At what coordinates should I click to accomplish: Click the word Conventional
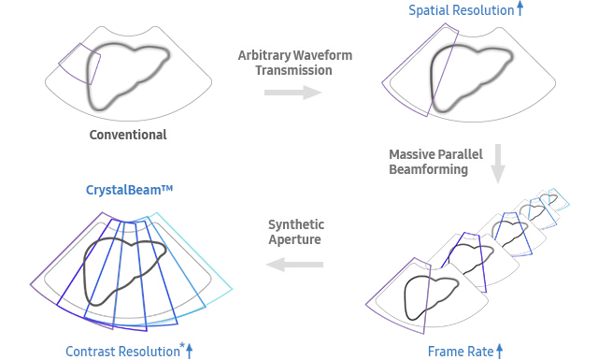tap(128, 135)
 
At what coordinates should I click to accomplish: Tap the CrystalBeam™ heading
tap(130, 191)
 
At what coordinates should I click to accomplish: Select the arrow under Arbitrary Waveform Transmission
tap(292, 93)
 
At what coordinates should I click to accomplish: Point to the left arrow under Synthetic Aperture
tap(294, 266)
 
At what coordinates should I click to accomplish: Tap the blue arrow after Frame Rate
tap(500, 351)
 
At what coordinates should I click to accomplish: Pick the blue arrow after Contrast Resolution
tap(189, 351)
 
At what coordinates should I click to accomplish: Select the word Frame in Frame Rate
tap(446, 352)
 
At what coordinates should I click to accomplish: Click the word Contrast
tap(91, 352)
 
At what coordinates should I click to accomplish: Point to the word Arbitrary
tap(264, 55)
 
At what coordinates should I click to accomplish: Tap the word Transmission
tap(294, 70)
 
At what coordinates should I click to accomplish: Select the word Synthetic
tap(296, 224)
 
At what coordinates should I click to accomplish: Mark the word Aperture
tap(296, 240)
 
